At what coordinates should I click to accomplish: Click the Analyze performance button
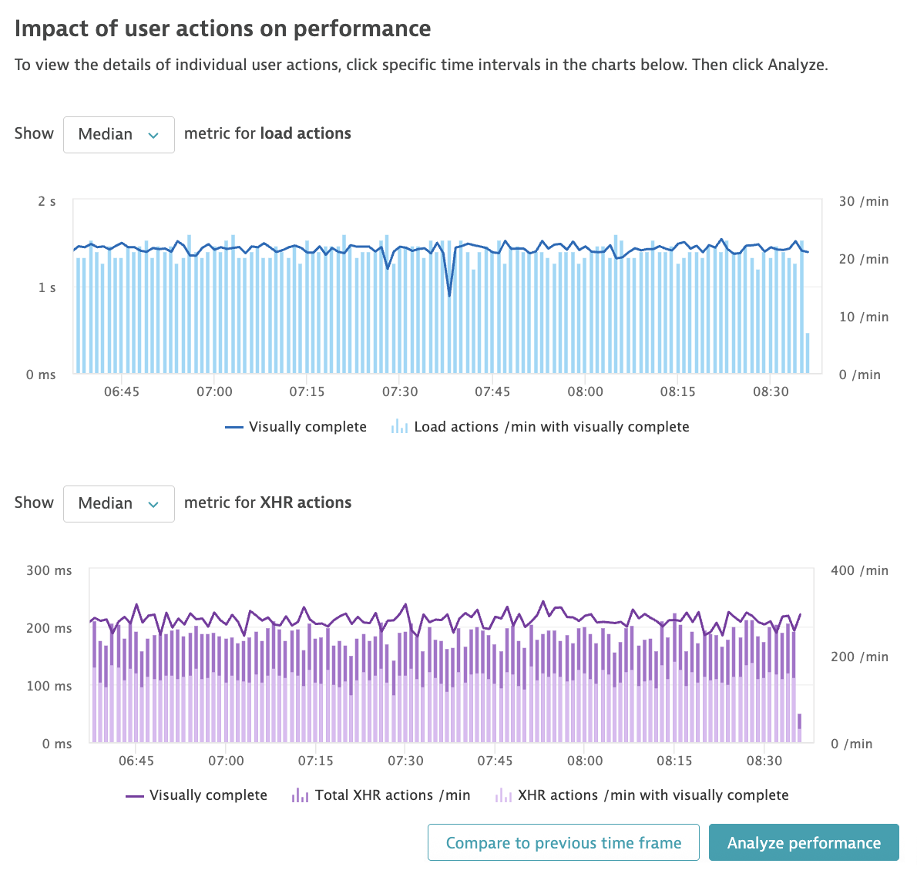click(x=804, y=842)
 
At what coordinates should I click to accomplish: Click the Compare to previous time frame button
click(x=563, y=842)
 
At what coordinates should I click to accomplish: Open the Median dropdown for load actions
click(x=119, y=135)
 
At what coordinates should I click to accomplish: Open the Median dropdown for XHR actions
click(x=119, y=504)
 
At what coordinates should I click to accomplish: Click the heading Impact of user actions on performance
click(x=223, y=29)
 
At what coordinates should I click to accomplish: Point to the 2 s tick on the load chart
click(x=47, y=201)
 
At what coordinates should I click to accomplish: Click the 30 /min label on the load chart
click(x=863, y=201)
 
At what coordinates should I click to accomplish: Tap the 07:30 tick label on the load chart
click(x=400, y=391)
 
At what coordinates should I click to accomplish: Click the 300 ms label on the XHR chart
click(x=49, y=570)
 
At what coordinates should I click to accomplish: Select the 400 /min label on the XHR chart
click(x=859, y=570)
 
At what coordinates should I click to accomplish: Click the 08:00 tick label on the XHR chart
click(x=585, y=761)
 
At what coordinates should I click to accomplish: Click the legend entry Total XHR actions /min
click(x=381, y=795)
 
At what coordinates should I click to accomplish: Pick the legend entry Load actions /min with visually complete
click(x=540, y=427)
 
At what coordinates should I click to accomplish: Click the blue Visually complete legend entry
click(x=296, y=427)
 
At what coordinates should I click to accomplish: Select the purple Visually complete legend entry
click(x=196, y=795)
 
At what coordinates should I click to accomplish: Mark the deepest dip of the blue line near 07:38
click(x=450, y=295)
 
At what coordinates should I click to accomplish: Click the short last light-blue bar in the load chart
click(x=808, y=354)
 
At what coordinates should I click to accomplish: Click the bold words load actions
click(x=305, y=133)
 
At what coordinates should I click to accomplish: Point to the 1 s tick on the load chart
click(x=47, y=287)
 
